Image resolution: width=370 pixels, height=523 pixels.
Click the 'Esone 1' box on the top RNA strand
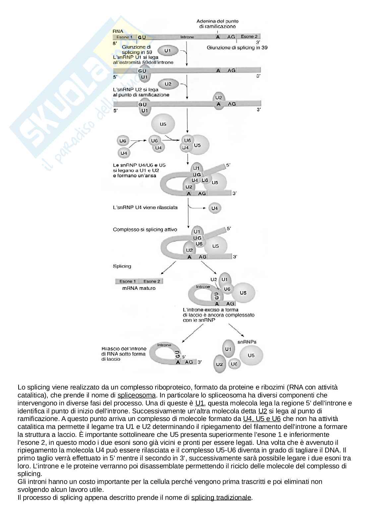124,37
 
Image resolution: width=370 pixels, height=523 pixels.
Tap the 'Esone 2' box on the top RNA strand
249,37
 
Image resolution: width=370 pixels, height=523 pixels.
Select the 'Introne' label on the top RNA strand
187,37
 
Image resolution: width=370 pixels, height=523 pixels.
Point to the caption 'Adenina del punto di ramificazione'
217,24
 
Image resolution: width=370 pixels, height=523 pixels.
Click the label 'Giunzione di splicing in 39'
237,47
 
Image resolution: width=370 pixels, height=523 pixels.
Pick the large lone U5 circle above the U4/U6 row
163,124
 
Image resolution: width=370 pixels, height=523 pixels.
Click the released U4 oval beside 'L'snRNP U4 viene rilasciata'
215,208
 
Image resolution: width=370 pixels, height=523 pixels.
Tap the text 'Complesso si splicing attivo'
145,229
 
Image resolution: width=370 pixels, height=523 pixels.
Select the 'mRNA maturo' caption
139,288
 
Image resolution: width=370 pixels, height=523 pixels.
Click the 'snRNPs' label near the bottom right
247,341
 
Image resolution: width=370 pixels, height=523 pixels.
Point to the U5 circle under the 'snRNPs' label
251,355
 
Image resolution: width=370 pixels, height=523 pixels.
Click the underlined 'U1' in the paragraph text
200,403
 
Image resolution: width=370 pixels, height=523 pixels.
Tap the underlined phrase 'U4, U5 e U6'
262,419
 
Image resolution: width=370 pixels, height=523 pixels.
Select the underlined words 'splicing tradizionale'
221,497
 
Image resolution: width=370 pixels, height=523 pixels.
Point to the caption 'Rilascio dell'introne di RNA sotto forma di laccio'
124,354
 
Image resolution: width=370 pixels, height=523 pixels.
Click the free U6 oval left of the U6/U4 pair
123,141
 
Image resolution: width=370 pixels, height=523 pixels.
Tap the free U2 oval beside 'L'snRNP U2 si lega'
168,84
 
